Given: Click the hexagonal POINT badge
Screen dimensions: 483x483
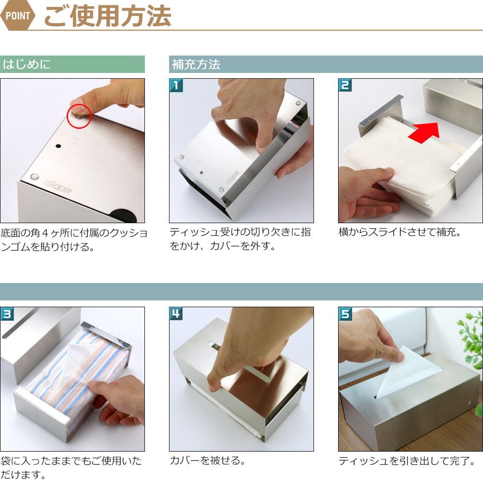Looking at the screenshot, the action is [18, 15].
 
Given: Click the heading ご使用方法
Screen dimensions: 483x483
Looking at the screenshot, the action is [108, 16].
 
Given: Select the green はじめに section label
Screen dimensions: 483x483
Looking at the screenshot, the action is [72, 64].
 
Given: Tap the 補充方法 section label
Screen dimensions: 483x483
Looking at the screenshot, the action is [196, 64].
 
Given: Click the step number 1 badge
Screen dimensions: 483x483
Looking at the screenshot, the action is [176, 85].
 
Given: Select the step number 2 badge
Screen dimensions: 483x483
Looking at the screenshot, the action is [345, 85].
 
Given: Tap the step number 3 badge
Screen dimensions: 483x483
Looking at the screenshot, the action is [7, 314].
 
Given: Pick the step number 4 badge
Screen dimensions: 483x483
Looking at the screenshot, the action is [176, 314].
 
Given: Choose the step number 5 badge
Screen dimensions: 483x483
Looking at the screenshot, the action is [345, 314].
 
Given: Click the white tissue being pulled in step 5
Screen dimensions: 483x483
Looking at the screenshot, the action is [407, 373].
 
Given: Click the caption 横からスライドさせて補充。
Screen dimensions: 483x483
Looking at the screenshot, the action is [400, 232].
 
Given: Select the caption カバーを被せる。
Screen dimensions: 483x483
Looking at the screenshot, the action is [208, 460].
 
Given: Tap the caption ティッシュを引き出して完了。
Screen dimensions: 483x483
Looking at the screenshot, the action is [407, 461].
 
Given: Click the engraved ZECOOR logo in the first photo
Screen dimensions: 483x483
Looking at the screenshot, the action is [57, 186].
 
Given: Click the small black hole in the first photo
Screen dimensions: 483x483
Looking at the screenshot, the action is [58, 146].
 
